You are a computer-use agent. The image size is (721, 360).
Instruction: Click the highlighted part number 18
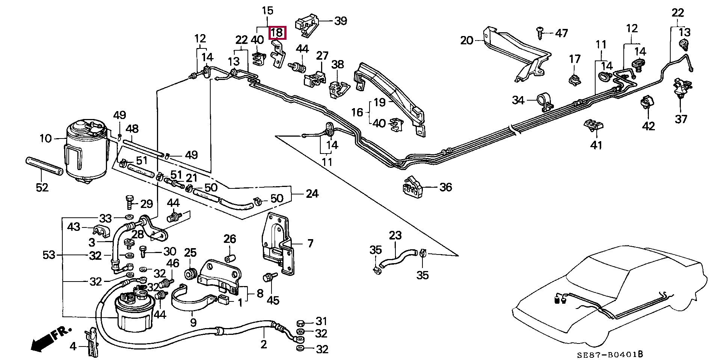(x=277, y=33)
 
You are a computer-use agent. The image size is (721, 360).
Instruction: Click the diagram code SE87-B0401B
(x=610, y=354)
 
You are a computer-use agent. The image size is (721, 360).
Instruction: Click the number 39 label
(x=340, y=21)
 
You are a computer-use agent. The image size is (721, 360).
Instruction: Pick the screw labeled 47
(x=540, y=33)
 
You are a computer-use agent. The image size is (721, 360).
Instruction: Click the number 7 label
(x=310, y=244)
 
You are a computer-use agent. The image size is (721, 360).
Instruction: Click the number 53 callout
(x=49, y=255)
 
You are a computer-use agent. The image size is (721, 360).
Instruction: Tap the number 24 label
(x=312, y=194)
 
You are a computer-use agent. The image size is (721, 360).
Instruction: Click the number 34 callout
(x=518, y=100)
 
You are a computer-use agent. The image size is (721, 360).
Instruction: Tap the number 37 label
(x=681, y=119)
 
